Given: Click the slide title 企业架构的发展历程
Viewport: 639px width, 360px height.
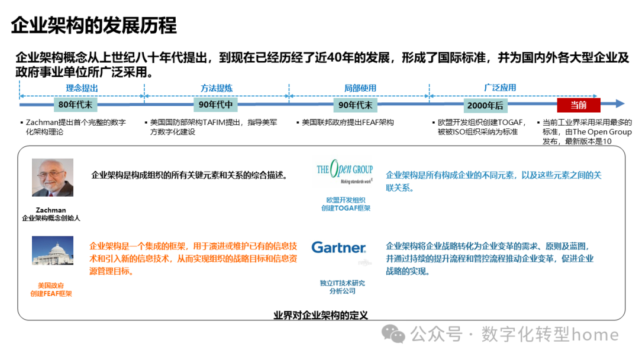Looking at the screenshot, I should (94, 25).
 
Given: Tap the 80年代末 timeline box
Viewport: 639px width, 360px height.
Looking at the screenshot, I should (76, 105).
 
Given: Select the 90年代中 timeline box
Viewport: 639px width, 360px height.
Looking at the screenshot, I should (216, 105).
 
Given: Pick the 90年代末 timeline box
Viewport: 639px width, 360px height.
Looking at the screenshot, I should (355, 105).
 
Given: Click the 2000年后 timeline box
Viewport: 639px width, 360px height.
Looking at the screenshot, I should (485, 105).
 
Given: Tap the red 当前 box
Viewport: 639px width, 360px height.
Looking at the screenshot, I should (578, 105).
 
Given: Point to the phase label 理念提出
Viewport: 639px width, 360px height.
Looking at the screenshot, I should (82, 88).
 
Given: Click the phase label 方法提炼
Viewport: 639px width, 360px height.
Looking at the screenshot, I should (216, 88).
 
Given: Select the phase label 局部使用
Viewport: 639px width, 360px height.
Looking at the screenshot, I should (360, 88).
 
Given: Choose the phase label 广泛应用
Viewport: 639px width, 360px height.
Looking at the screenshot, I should (500, 87).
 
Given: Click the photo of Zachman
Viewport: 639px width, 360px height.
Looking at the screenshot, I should (53, 177).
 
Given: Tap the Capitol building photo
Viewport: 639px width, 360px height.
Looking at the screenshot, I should (53, 250).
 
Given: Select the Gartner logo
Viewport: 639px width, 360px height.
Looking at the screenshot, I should (339, 247).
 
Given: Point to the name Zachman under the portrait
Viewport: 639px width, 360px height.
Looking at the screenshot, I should (51, 210).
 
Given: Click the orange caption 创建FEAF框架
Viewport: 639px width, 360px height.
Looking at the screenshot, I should (51, 294).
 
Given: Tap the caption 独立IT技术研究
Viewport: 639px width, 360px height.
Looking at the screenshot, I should (343, 283).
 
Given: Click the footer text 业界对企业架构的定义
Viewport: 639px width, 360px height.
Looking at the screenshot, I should (321, 314).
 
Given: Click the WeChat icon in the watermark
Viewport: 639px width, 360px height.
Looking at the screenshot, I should (393, 334).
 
